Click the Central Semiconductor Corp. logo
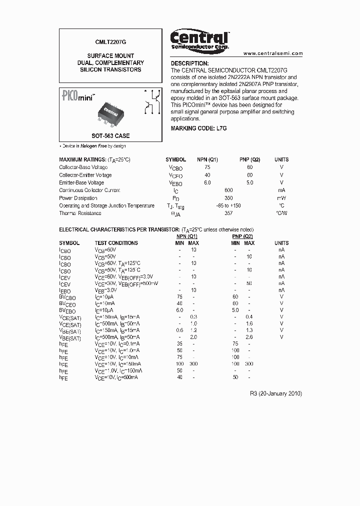click(199, 39)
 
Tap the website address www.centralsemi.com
click(272, 53)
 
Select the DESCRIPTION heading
click(189, 63)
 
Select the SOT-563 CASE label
click(110, 135)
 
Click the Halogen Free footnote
click(93, 146)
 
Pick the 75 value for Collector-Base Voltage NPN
click(207, 167)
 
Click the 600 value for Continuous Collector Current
click(228, 190)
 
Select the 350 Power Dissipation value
click(228, 198)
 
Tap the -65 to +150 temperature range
click(228, 205)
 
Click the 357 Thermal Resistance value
click(228, 213)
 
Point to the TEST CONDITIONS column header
click(116, 243)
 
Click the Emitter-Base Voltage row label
click(81, 183)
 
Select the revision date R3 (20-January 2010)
click(275, 393)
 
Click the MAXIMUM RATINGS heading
click(94, 159)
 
